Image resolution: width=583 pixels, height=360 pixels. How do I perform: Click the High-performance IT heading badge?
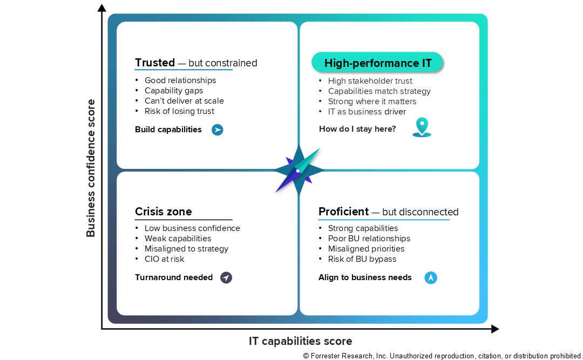(x=377, y=63)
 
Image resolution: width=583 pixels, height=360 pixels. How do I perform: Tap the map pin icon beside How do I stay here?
(x=422, y=127)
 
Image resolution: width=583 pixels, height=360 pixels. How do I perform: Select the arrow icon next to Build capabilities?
(x=218, y=130)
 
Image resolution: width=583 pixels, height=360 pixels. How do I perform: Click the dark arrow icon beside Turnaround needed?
(x=226, y=277)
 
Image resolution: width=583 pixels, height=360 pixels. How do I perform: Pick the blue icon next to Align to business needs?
(x=431, y=277)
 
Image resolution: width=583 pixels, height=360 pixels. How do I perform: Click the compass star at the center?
(x=299, y=171)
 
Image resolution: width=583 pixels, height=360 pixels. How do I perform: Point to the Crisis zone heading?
(x=163, y=212)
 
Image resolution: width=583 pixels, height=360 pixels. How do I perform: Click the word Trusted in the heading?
(x=155, y=63)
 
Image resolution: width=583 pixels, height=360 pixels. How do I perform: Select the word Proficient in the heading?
(x=343, y=212)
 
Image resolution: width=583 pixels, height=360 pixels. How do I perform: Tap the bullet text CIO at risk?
(x=164, y=259)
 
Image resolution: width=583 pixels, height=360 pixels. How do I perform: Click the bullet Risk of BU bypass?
(x=362, y=259)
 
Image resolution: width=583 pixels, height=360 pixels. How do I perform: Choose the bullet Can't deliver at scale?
(x=184, y=101)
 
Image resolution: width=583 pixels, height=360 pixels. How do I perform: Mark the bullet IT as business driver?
(x=367, y=112)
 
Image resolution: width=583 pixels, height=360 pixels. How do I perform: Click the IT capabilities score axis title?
(x=301, y=341)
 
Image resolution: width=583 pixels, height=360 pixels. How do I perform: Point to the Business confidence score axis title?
(x=91, y=168)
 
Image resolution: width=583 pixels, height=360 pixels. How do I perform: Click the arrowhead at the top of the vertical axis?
(x=101, y=8)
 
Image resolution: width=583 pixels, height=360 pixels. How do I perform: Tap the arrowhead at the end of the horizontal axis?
(x=495, y=329)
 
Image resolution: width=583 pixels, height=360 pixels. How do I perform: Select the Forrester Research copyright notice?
(x=443, y=356)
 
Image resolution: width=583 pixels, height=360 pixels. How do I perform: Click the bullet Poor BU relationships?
(x=369, y=239)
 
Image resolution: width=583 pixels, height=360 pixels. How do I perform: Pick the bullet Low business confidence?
(x=192, y=228)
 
